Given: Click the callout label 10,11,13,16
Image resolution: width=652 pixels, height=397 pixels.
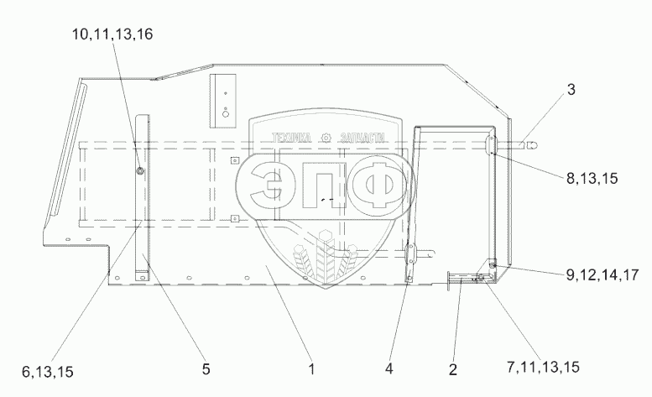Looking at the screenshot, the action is pos(112,34).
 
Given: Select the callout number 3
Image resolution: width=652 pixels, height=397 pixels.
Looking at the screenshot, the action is pos(571,89).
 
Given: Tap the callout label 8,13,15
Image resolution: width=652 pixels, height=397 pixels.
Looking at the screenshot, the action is pos(592,178).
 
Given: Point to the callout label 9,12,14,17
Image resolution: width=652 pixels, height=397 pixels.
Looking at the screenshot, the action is pos(602,274).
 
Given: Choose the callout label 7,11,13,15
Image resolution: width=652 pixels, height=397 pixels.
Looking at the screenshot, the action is pos(543,367).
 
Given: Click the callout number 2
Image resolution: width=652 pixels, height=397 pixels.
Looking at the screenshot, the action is pos(453,369).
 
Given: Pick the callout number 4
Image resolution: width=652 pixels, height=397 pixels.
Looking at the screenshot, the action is pos(389,368).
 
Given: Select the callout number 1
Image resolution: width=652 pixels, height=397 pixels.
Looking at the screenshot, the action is pos(311,368).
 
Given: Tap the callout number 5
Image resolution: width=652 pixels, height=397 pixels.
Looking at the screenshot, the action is pos(206,368).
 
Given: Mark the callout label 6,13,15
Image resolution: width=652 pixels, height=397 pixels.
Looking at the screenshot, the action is pos(47,372).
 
